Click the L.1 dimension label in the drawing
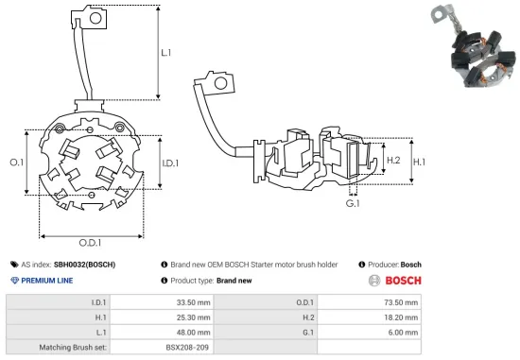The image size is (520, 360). point(166,55)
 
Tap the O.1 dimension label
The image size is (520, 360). point(16,163)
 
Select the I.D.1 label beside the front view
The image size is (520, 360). point(171,163)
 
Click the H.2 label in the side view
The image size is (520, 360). point(395,161)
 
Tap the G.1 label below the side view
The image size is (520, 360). point(354,203)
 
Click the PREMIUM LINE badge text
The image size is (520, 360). point(55,281)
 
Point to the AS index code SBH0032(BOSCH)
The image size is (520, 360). point(84,265)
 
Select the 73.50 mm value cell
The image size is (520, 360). point(397,302)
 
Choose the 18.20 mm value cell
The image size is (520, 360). point(397,317)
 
